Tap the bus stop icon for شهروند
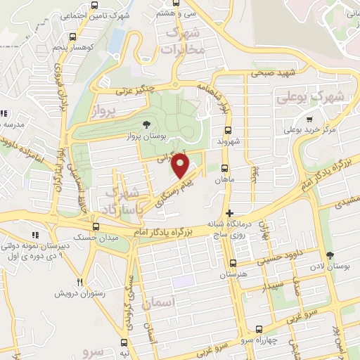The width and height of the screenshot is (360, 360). pyautogui.click(x=228, y=130)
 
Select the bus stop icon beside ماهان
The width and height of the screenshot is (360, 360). pyautogui.click(x=224, y=168)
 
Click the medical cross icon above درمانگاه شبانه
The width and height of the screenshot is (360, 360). pyautogui.click(x=229, y=213)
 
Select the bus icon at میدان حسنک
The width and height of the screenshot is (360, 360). pyautogui.click(x=96, y=226)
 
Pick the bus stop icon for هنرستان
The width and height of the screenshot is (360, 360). pyautogui.click(x=233, y=263)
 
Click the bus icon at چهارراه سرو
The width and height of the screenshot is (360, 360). pyautogui.click(x=259, y=328)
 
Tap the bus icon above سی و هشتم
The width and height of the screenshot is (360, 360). pyautogui.click(x=179, y=2)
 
